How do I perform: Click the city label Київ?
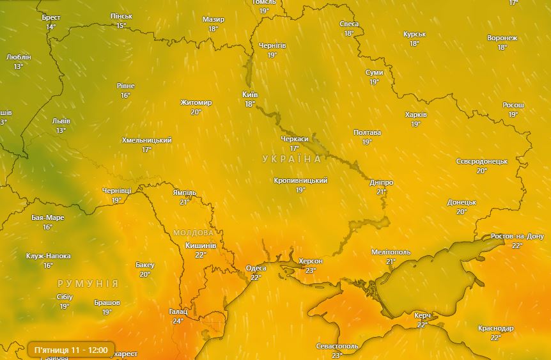tap(249, 94)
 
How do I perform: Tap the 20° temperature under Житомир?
tap(196, 112)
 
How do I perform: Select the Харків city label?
tap(415, 115)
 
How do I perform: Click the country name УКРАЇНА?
tap(291, 159)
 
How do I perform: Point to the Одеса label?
tap(256, 268)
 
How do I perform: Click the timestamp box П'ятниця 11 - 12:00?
tap(70, 350)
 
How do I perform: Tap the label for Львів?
tap(61, 121)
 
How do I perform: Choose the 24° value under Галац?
tap(177, 321)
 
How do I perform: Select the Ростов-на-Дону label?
tap(516, 236)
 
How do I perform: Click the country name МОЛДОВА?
tap(193, 233)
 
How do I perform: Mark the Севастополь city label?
tap(337, 346)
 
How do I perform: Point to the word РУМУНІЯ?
tap(88, 283)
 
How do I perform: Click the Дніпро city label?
tap(381, 182)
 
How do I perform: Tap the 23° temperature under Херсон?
tap(311, 270)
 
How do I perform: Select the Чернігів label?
tap(272, 46)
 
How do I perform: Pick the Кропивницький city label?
tap(300, 181)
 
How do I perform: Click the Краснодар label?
tap(495, 328)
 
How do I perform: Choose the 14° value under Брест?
tap(50, 27)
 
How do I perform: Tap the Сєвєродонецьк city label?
tap(481, 162)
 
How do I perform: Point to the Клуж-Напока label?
tap(49, 256)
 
